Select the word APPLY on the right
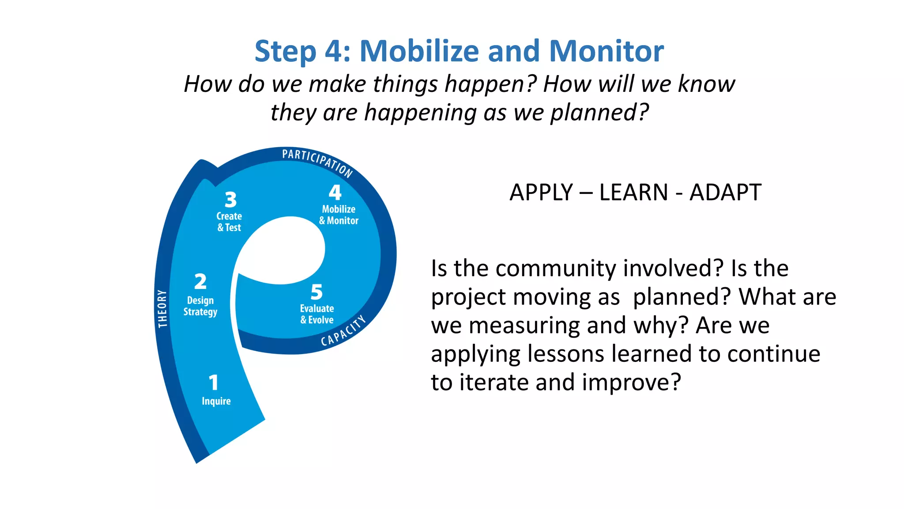pos(541,193)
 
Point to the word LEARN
pos(633,193)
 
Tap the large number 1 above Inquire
pos(214,383)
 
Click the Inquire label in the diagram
pos(216,401)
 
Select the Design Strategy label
pos(200,306)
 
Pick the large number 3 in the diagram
pos(230,200)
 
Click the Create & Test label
pos(229,222)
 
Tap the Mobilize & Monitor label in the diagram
pos(339,215)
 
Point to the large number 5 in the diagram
pos(316,292)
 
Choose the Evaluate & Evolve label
pos(317,314)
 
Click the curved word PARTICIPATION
pos(317,162)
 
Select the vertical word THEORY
pos(162,308)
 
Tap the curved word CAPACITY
pos(343,331)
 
